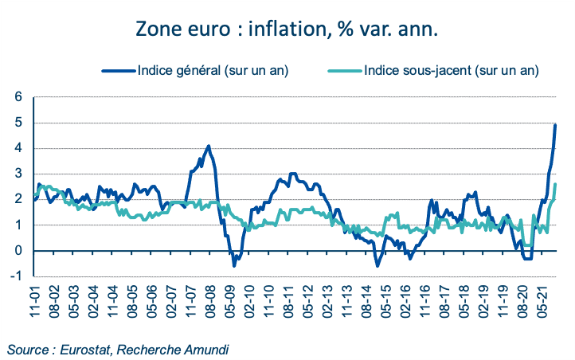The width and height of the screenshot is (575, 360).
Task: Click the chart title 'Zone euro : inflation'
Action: (287, 29)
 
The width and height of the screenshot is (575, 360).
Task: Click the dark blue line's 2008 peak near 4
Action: (209, 147)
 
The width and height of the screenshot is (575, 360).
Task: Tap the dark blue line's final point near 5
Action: (555, 125)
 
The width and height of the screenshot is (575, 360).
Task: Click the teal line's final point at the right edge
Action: (555, 184)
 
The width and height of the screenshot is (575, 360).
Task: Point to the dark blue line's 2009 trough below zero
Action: (233, 265)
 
